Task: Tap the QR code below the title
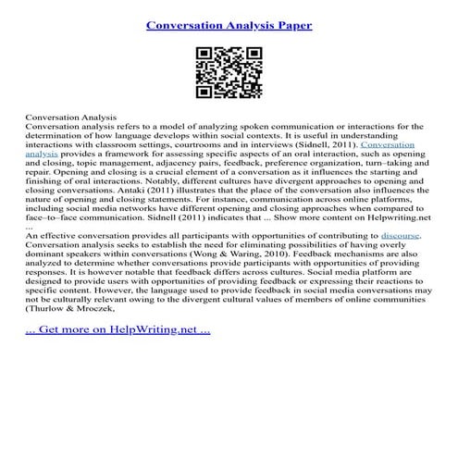pyautogui.click(x=229, y=73)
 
